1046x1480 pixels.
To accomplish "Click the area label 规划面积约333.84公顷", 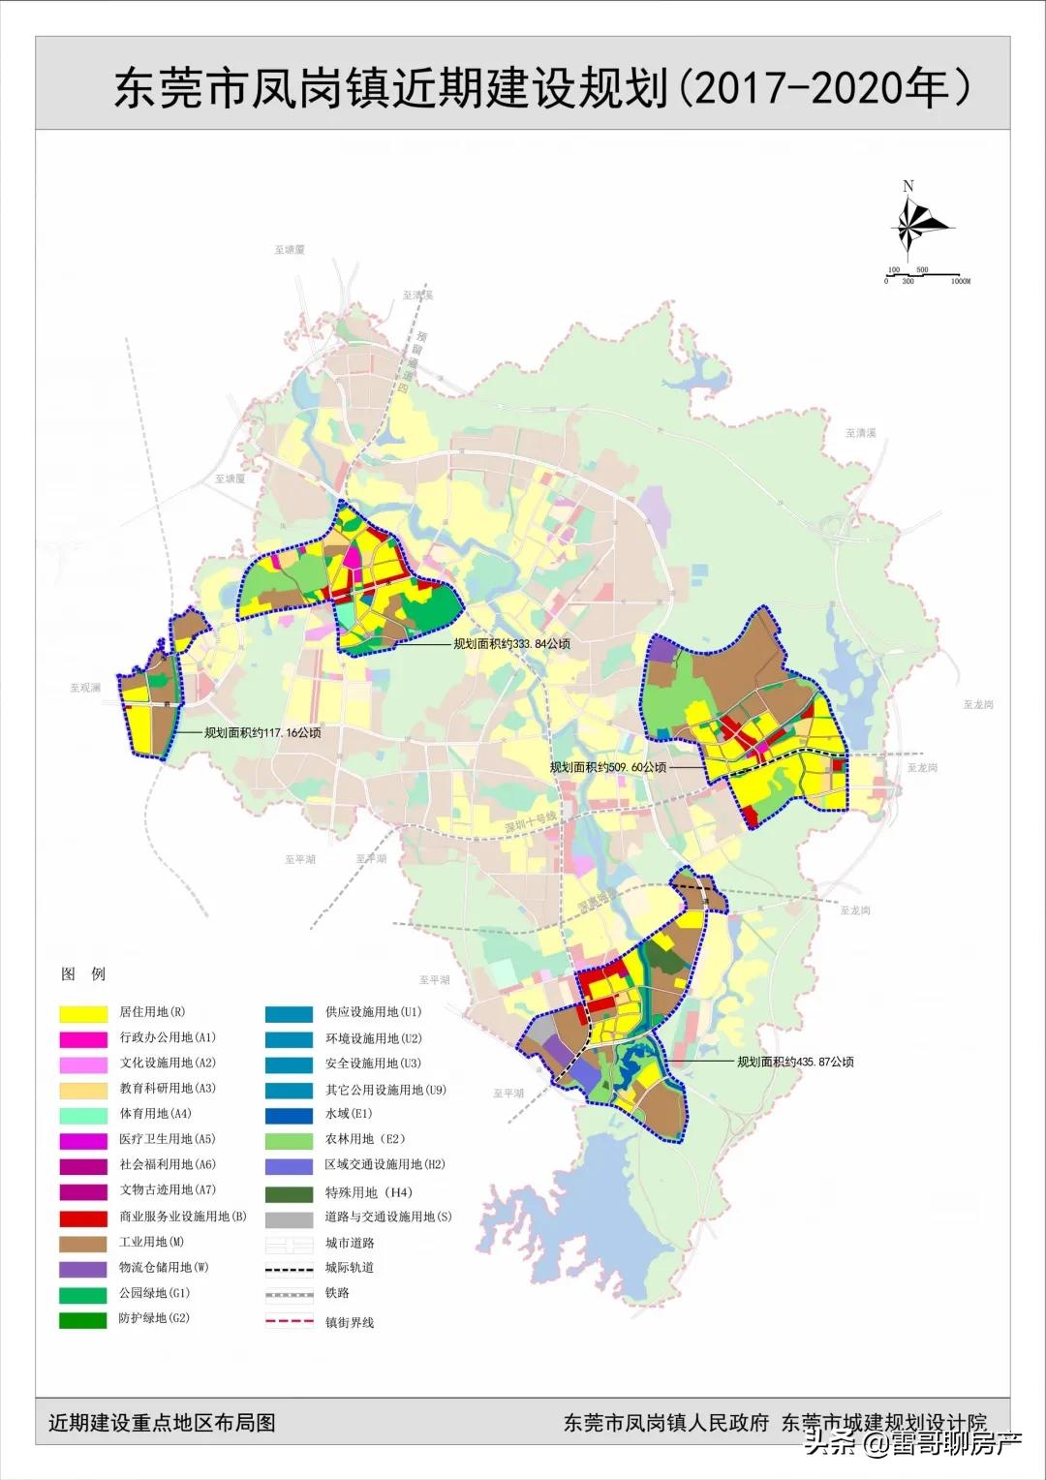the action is point(511,644).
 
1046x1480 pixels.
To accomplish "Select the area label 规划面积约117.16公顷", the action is point(261,733).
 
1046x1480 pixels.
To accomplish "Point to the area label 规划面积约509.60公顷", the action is point(608,767).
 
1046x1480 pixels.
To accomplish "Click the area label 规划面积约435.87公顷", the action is point(795,1062).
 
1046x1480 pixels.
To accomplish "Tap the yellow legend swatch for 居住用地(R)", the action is point(83,1013).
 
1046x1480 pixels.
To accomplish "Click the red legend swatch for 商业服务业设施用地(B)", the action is point(83,1218).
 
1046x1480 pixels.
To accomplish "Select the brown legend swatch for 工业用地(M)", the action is point(83,1243).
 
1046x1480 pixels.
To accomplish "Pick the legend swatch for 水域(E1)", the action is point(290,1115).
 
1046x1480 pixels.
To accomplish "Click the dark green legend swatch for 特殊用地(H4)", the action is point(290,1193).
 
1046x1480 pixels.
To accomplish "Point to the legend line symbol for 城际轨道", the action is point(290,1268).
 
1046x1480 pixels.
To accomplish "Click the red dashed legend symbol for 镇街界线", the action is point(290,1321).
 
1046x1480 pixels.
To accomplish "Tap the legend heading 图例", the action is point(83,974).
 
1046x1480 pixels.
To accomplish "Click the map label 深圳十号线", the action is point(530,824).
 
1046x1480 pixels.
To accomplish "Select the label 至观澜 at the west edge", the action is point(85,688).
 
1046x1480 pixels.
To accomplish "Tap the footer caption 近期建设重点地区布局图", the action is point(163,1422).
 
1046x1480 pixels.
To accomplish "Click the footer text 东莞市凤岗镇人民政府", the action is point(666,1422).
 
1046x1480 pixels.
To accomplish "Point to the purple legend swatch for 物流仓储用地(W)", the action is point(83,1268).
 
